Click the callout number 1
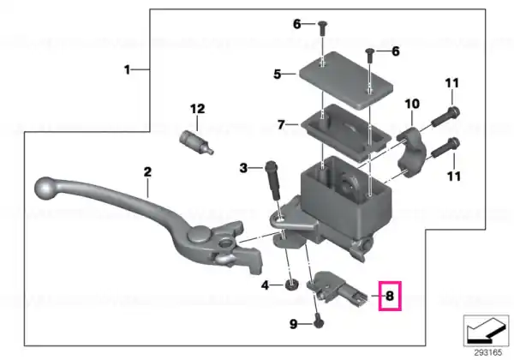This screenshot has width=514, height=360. (127, 69)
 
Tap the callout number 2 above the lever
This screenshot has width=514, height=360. (147, 171)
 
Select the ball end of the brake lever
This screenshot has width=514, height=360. (46, 189)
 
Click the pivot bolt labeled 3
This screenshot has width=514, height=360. (274, 180)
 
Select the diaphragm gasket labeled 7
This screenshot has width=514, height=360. (346, 132)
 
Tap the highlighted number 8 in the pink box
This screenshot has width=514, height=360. (390, 296)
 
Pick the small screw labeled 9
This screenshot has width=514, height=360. (318, 322)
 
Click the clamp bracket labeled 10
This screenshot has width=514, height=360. (410, 152)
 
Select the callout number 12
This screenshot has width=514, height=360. (197, 109)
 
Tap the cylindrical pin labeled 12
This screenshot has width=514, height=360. (196, 142)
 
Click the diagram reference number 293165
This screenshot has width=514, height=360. (487, 353)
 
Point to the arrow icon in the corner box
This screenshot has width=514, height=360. (486, 331)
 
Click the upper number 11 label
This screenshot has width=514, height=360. (452, 83)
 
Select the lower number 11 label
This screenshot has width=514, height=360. (454, 177)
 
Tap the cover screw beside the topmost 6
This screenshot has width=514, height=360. (321, 29)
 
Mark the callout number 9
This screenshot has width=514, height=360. (293, 324)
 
